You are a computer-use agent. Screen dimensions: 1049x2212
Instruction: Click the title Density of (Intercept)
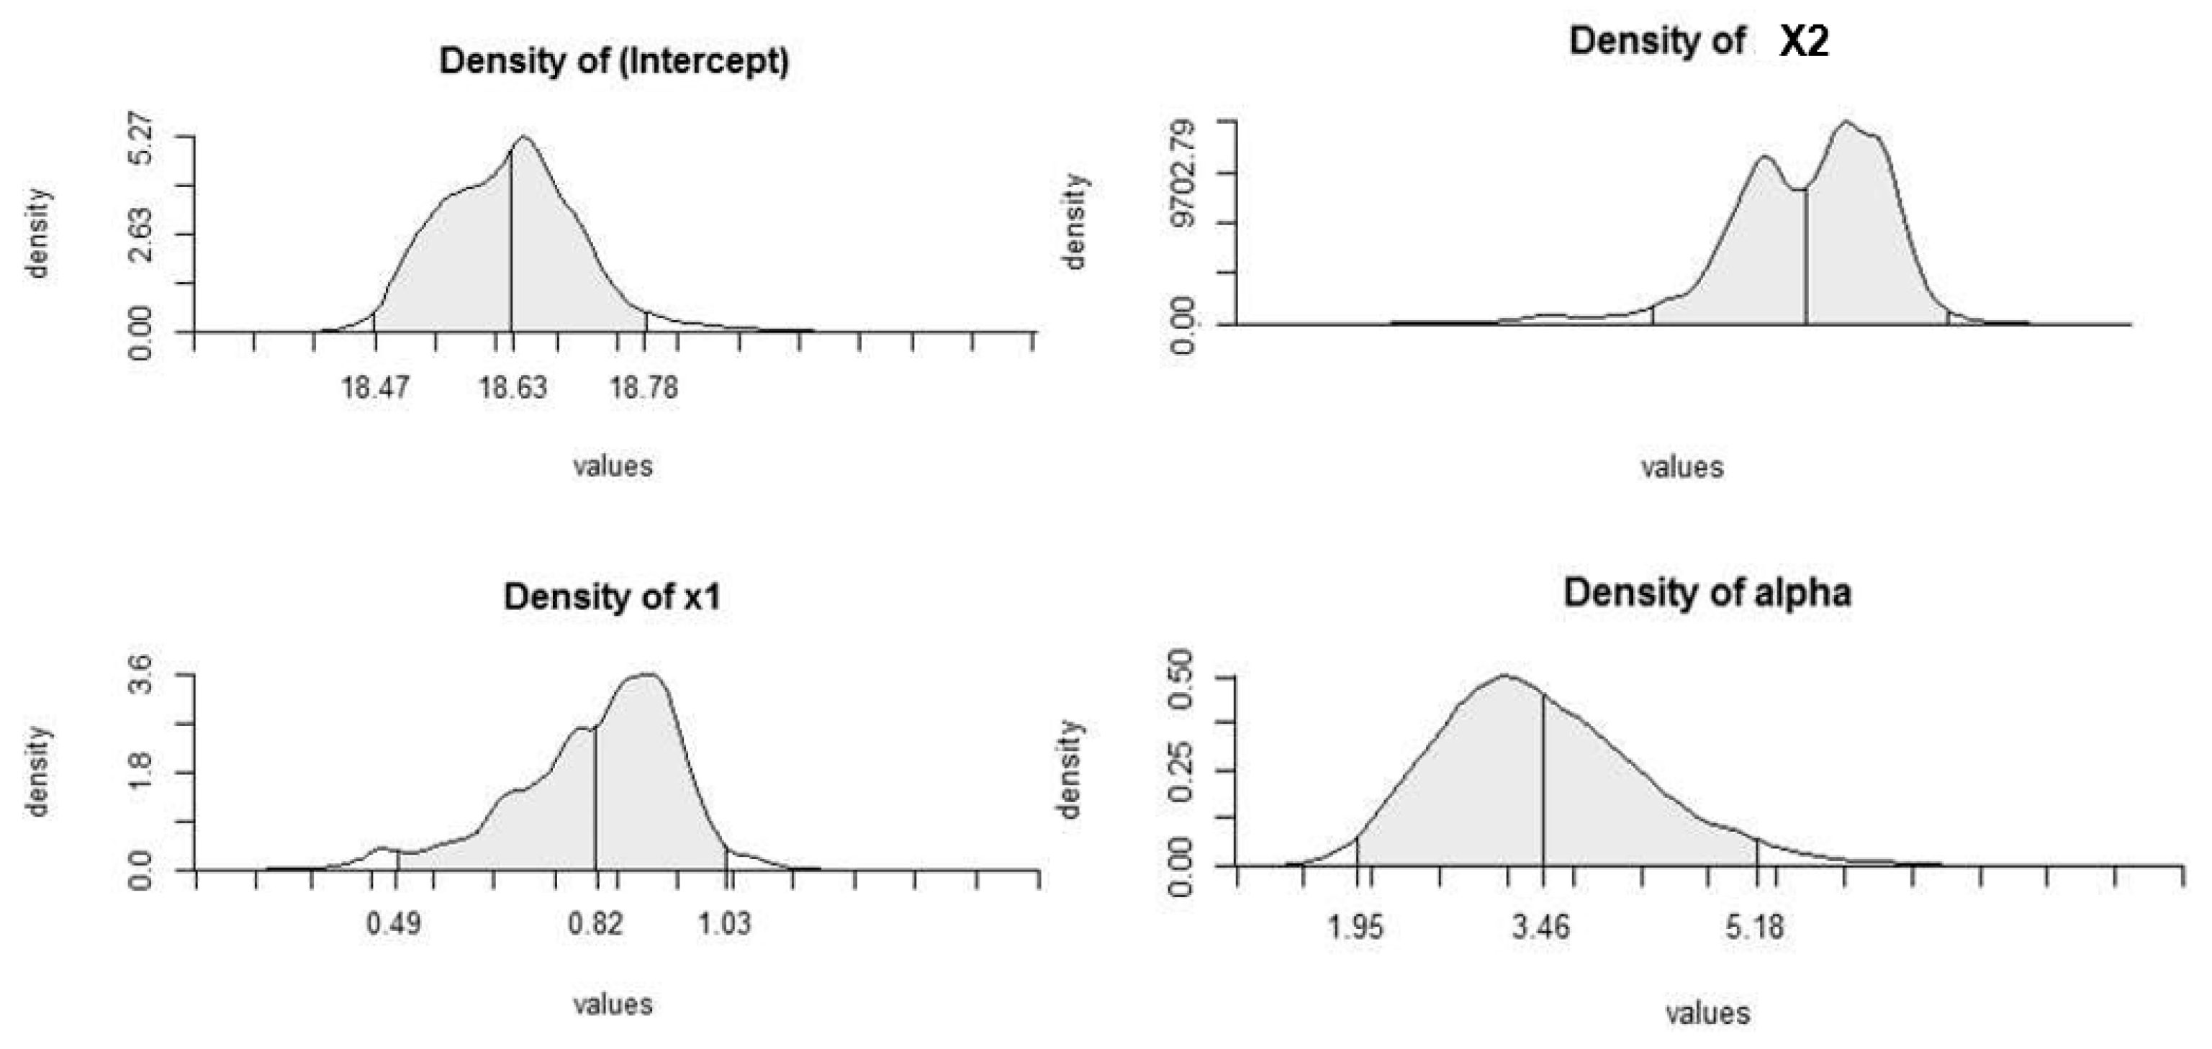(x=613, y=62)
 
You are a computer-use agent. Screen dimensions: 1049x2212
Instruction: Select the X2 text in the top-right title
(x=1803, y=41)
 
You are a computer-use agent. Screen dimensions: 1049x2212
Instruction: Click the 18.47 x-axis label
(x=375, y=388)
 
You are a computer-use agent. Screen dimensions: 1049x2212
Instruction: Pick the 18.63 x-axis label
(x=513, y=388)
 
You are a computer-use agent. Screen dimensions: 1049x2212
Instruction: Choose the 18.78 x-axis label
(x=644, y=388)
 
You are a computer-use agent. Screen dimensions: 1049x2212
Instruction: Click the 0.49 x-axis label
(x=394, y=925)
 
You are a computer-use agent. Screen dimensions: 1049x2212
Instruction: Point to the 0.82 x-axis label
(x=595, y=925)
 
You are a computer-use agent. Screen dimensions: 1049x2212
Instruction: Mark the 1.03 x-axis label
(x=725, y=925)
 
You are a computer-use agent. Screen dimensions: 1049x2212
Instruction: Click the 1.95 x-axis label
(x=1357, y=928)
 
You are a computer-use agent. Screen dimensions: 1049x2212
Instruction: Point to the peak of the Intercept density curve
(x=525, y=137)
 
